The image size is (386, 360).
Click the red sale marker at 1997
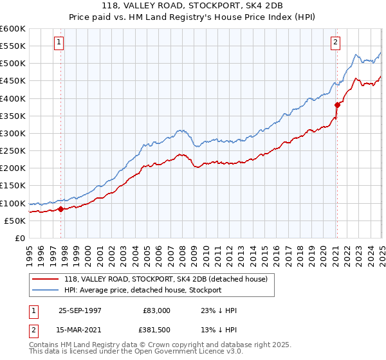tap(61, 208)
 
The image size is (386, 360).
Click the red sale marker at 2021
tap(336, 104)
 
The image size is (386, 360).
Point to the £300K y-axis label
tap(12, 133)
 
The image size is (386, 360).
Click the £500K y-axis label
tap(12, 63)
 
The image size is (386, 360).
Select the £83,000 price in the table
tap(155, 310)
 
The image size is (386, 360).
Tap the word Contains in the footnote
tap(45, 345)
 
